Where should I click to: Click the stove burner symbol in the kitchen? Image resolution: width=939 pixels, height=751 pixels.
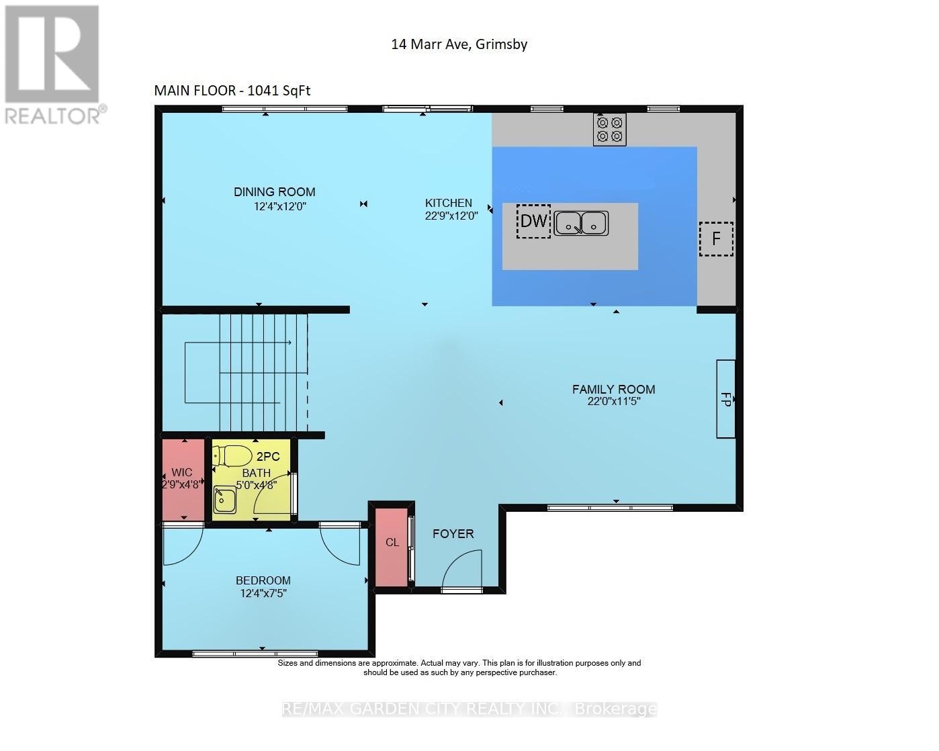(609, 129)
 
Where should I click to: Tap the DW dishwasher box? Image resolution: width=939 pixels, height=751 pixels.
(533, 221)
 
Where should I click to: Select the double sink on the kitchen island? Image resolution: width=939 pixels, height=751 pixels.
(581, 224)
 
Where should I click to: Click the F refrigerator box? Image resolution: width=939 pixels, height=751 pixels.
(716, 238)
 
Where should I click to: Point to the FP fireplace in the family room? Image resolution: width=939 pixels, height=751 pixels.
(725, 398)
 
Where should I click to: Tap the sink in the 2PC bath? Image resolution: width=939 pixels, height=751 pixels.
(225, 500)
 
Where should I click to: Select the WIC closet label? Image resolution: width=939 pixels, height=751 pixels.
(182, 472)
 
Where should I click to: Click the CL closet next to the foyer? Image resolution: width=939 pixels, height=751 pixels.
(392, 547)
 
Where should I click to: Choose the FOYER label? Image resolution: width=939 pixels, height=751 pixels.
(453, 533)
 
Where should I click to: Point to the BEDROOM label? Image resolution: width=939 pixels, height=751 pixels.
(263, 580)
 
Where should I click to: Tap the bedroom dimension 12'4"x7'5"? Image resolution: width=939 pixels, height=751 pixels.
(263, 593)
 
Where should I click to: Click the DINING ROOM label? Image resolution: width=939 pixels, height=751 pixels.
(275, 191)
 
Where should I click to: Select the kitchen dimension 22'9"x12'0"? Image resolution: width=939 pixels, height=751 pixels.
(451, 216)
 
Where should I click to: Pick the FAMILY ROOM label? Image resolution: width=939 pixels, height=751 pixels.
(613, 389)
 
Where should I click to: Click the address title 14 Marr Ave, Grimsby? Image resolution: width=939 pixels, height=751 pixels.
(459, 44)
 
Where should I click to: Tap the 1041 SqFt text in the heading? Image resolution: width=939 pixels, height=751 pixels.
(279, 90)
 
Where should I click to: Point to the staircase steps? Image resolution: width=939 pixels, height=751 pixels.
(263, 372)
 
